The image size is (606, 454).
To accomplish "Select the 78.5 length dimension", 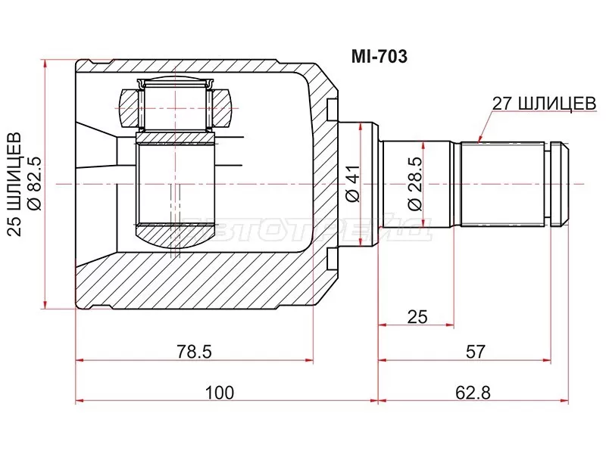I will [194, 351].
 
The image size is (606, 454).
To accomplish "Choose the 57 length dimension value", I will [476, 351].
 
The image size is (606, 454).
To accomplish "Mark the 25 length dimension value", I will [415, 316].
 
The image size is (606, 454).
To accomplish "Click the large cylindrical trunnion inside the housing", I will [174, 182].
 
